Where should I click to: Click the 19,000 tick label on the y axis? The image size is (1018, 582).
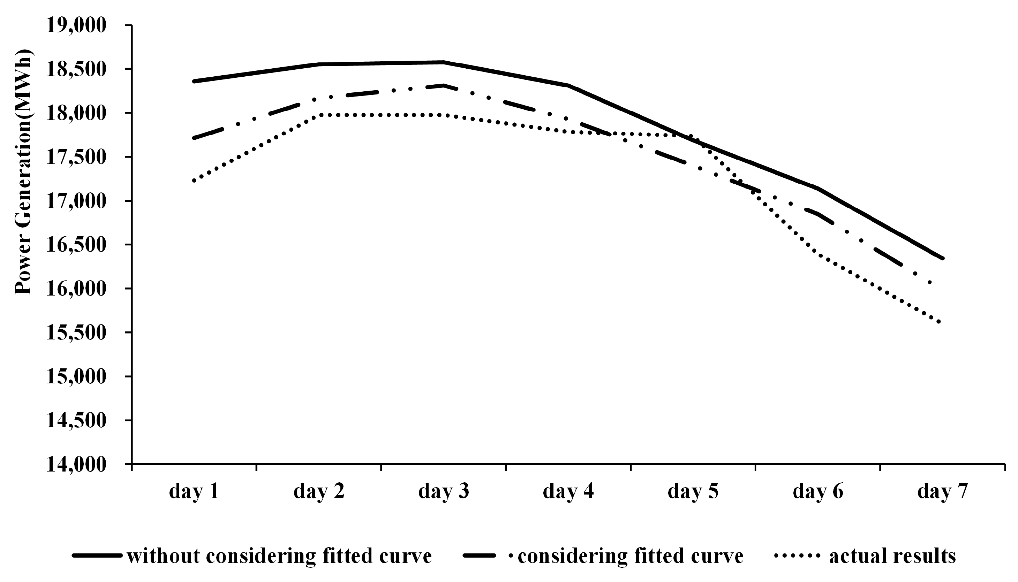pos(76,25)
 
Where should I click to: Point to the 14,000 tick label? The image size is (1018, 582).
pos(76,465)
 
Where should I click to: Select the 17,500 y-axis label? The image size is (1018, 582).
pos(76,157)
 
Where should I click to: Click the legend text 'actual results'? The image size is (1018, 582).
pos(892,556)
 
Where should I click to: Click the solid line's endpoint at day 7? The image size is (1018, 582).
pos(943,259)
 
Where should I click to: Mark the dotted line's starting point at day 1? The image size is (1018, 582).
pos(194,181)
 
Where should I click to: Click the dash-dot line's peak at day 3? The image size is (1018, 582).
pos(444,85)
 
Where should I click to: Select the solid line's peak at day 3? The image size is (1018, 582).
pos(444,62)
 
